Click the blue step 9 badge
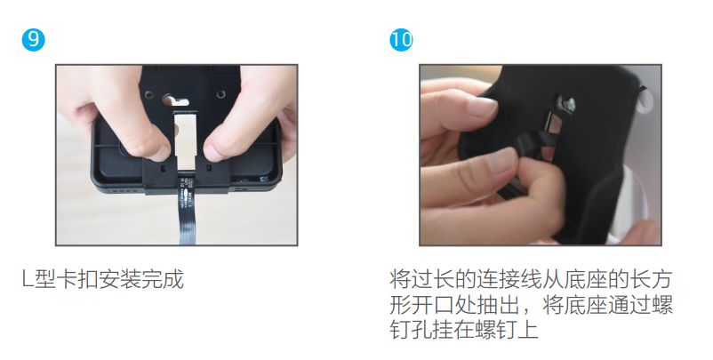pyautogui.click(x=33, y=39)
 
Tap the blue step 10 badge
pyautogui.click(x=401, y=39)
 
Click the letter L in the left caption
pyautogui.click(x=28, y=279)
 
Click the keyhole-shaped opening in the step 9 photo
pyautogui.click(x=174, y=100)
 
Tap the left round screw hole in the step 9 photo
pyautogui.click(x=148, y=95)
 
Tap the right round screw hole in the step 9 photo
pyautogui.click(x=220, y=94)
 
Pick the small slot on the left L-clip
pyautogui.click(x=163, y=168)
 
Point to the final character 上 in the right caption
pyautogui.click(x=528, y=330)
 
